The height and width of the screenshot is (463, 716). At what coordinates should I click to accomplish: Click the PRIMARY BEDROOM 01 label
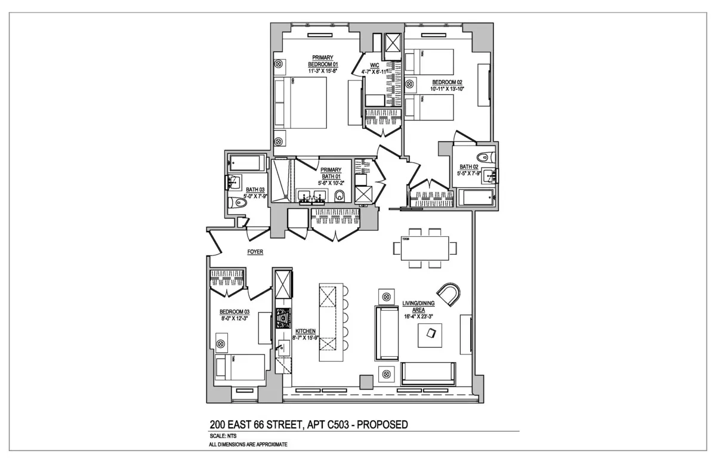[323, 61]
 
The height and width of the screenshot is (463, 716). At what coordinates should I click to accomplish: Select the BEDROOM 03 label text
[234, 312]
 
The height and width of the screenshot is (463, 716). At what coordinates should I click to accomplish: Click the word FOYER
[255, 252]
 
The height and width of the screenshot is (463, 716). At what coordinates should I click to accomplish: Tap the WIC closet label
[375, 66]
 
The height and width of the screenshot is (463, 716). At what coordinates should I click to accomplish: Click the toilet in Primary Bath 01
[340, 196]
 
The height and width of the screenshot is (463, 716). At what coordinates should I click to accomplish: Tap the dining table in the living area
[424, 248]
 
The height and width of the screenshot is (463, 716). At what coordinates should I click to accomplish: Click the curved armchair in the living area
[449, 292]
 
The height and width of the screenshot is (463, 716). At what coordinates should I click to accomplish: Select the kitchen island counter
[328, 322]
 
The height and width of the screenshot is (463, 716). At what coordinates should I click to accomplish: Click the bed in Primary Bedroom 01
[300, 103]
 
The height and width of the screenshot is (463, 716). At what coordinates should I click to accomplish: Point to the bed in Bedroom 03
[240, 366]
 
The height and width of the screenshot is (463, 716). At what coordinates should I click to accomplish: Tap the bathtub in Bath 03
[246, 163]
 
